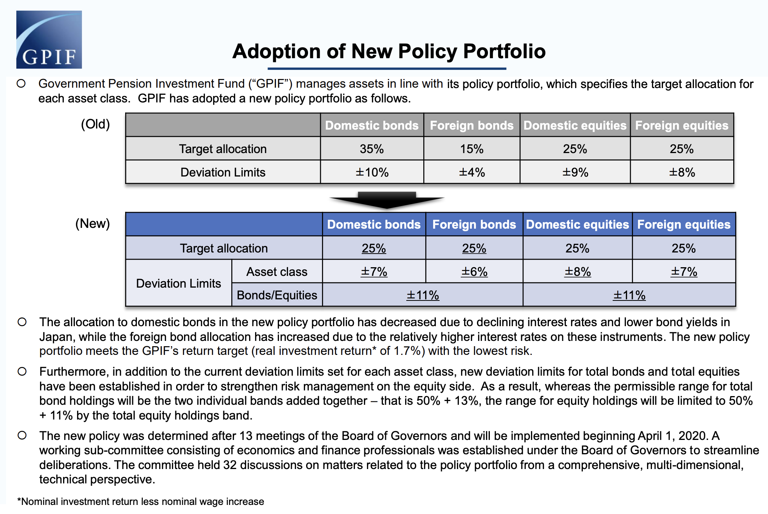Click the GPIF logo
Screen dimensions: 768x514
click(x=49, y=40)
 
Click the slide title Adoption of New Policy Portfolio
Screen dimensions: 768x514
click(x=389, y=51)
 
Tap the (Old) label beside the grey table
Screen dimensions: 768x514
click(x=95, y=124)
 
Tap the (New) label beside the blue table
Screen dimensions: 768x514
click(x=93, y=223)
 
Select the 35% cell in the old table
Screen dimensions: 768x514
click(x=372, y=149)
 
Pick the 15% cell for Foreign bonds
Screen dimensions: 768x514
click(x=472, y=149)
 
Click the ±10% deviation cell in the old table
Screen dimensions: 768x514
click(x=372, y=172)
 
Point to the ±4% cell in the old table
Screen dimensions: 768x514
click(x=472, y=172)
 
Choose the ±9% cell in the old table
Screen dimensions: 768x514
click(x=575, y=172)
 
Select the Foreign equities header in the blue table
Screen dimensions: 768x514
click(x=684, y=224)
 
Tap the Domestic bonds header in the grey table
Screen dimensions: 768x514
click(x=372, y=125)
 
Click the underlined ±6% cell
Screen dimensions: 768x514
click(x=474, y=271)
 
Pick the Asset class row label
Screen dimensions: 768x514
click(x=277, y=271)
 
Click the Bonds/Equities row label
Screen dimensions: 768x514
click(x=277, y=295)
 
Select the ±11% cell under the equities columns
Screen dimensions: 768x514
click(x=629, y=295)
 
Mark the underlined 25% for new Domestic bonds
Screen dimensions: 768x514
click(x=374, y=248)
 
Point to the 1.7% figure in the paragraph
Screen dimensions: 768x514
click(x=407, y=351)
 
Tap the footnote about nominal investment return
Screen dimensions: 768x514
click(x=141, y=502)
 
